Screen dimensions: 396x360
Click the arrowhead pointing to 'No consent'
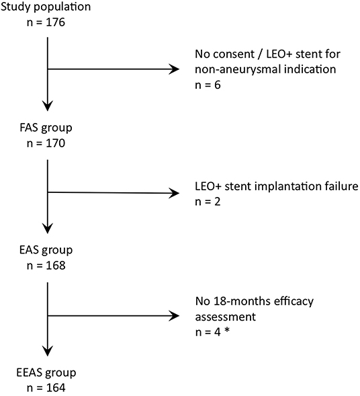coord(176,69)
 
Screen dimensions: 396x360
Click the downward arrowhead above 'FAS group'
coord(47,106)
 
